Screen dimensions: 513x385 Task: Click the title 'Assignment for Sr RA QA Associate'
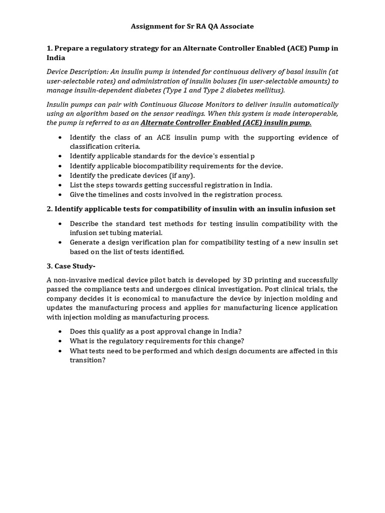click(192, 26)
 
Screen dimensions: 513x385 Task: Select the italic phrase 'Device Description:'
click(77, 72)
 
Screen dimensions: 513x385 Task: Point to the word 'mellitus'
click(269, 90)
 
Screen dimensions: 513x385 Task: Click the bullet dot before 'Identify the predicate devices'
click(61, 175)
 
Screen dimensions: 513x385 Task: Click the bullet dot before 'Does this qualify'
click(61, 332)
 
